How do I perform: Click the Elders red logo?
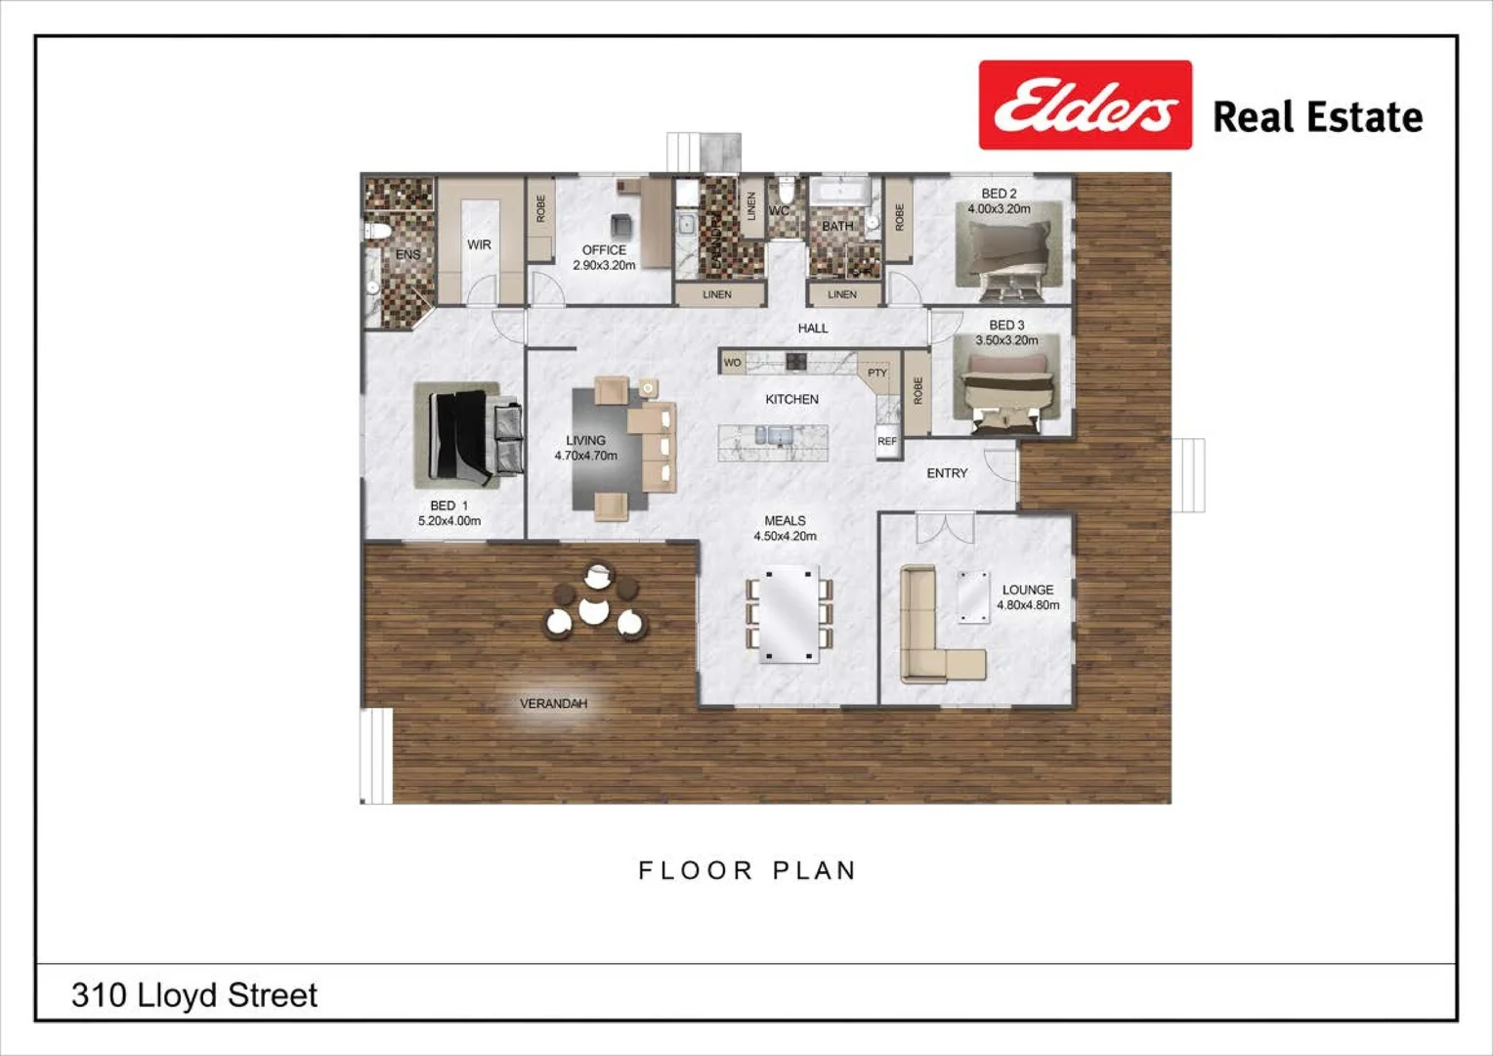click(1085, 105)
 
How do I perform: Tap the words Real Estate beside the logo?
click(1317, 117)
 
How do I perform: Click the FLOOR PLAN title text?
click(747, 870)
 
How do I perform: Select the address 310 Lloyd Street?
click(194, 995)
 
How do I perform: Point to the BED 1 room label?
click(448, 506)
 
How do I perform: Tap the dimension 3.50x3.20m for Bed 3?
click(1006, 340)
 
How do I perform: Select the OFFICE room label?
click(604, 250)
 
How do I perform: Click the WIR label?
click(479, 244)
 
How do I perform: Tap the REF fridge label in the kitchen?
click(886, 442)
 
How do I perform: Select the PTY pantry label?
click(877, 373)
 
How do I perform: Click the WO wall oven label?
click(732, 363)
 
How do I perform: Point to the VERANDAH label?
click(553, 703)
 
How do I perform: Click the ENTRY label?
click(947, 473)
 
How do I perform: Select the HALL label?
click(812, 329)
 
